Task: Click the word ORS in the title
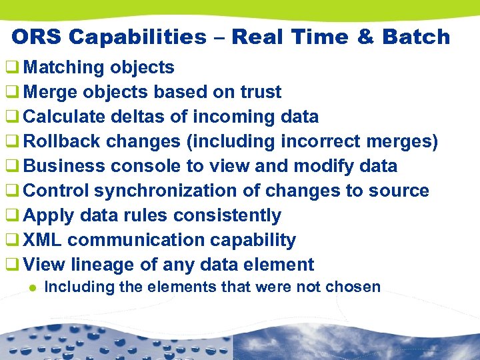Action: coord(37,37)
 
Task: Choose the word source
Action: coord(398,191)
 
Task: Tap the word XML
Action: coord(43,240)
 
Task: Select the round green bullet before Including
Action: coord(31,288)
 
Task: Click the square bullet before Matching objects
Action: coord(11,67)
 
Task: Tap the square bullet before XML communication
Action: coord(11,240)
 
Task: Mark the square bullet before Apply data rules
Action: coord(11,215)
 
